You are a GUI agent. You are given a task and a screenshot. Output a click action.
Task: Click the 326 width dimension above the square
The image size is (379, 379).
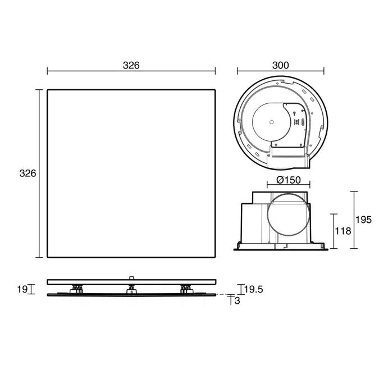(131, 66)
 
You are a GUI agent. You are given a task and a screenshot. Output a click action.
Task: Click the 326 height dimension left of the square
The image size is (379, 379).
(28, 173)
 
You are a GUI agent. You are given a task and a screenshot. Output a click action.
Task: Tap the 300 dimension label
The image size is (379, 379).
(281, 66)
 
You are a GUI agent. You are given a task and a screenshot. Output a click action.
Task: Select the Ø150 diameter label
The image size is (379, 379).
(289, 180)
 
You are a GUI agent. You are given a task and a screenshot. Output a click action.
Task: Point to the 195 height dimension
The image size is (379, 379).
(363, 220)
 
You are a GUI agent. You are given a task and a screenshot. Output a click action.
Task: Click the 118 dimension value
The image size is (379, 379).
(343, 231)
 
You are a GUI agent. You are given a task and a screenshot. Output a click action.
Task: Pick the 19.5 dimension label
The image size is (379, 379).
(254, 289)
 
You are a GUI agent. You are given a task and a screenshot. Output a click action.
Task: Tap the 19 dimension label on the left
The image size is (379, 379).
(22, 289)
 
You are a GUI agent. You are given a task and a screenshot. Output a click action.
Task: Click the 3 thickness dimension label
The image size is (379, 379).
(238, 301)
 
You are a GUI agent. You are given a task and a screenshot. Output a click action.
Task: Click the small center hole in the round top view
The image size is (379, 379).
(271, 122)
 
